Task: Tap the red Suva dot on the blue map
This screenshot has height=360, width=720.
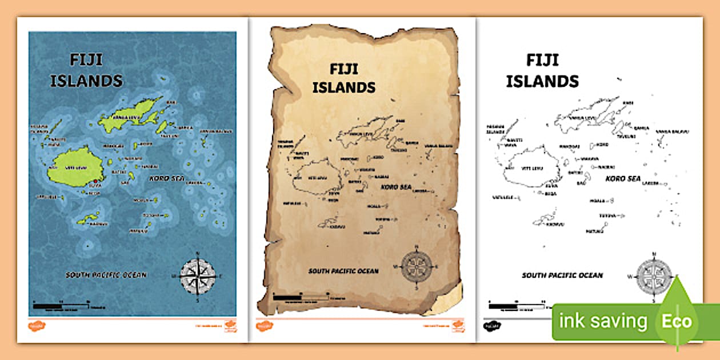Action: [x=95, y=182]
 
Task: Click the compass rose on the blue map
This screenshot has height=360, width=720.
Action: [x=198, y=277]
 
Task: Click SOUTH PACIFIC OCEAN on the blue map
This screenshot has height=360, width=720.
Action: [x=106, y=275]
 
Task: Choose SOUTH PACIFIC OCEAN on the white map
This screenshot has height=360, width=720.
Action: [x=562, y=275]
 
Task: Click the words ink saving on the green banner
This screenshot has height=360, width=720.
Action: [x=603, y=322]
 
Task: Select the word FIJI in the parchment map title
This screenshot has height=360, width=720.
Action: [x=343, y=69]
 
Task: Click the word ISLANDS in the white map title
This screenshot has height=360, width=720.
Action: [x=542, y=81]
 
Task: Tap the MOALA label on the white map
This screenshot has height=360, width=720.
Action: [x=598, y=201]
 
